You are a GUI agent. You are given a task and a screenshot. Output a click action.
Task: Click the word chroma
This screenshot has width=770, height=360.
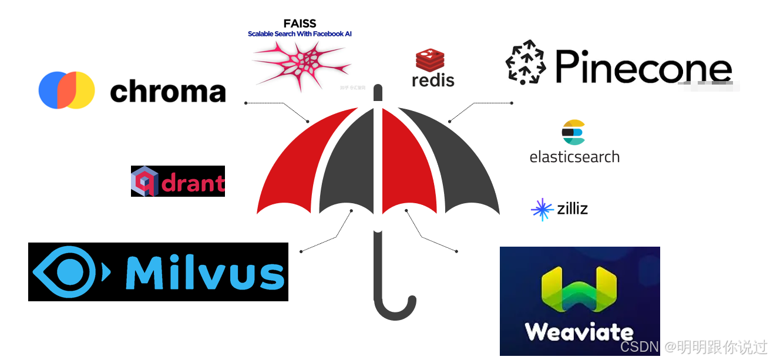(167, 92)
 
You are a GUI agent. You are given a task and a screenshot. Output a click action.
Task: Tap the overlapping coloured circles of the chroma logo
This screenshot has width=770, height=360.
(67, 90)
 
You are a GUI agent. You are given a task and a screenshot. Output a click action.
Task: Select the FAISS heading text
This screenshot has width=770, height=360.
(300, 23)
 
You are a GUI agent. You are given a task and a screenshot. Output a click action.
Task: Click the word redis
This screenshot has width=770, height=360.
(433, 80)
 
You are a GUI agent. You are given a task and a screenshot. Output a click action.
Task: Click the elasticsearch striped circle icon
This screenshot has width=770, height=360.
(574, 132)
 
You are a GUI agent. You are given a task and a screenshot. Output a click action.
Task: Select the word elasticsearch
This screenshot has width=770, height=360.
(574, 157)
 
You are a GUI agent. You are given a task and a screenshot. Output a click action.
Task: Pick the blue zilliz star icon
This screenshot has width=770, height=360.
(542, 210)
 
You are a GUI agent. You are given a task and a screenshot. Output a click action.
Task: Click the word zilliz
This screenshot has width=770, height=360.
(572, 208)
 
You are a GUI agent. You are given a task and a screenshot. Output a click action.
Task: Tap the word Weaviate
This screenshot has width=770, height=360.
(579, 332)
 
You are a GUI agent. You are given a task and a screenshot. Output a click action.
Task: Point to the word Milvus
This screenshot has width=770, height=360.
(205, 272)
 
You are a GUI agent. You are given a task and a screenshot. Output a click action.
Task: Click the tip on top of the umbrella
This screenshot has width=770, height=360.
(378, 93)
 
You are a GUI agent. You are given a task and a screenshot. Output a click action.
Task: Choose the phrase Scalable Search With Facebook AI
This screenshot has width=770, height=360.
(300, 34)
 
